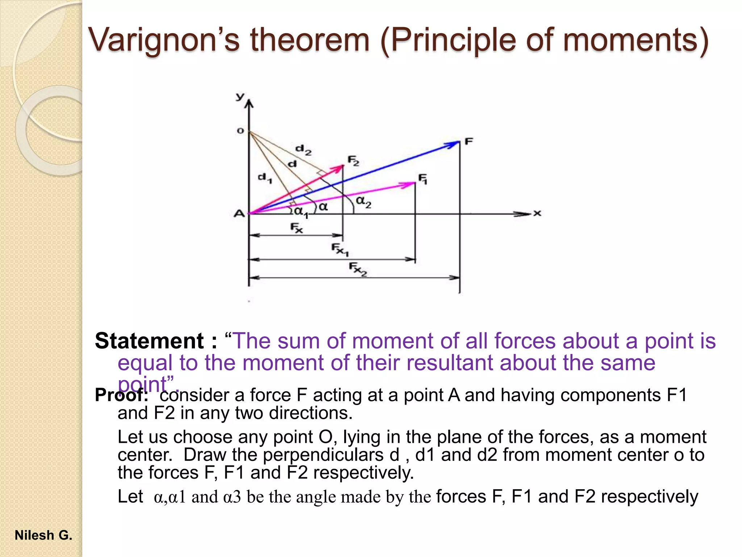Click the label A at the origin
(239, 214)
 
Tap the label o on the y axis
(240, 131)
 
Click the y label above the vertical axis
(240, 96)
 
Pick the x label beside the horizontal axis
(537, 213)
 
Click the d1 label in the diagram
(264, 178)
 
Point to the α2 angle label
(363, 202)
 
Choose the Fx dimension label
(296, 228)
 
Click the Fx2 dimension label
(358, 269)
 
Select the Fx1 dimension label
(339, 249)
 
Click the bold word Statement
(149, 341)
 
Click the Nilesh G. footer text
(43, 535)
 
